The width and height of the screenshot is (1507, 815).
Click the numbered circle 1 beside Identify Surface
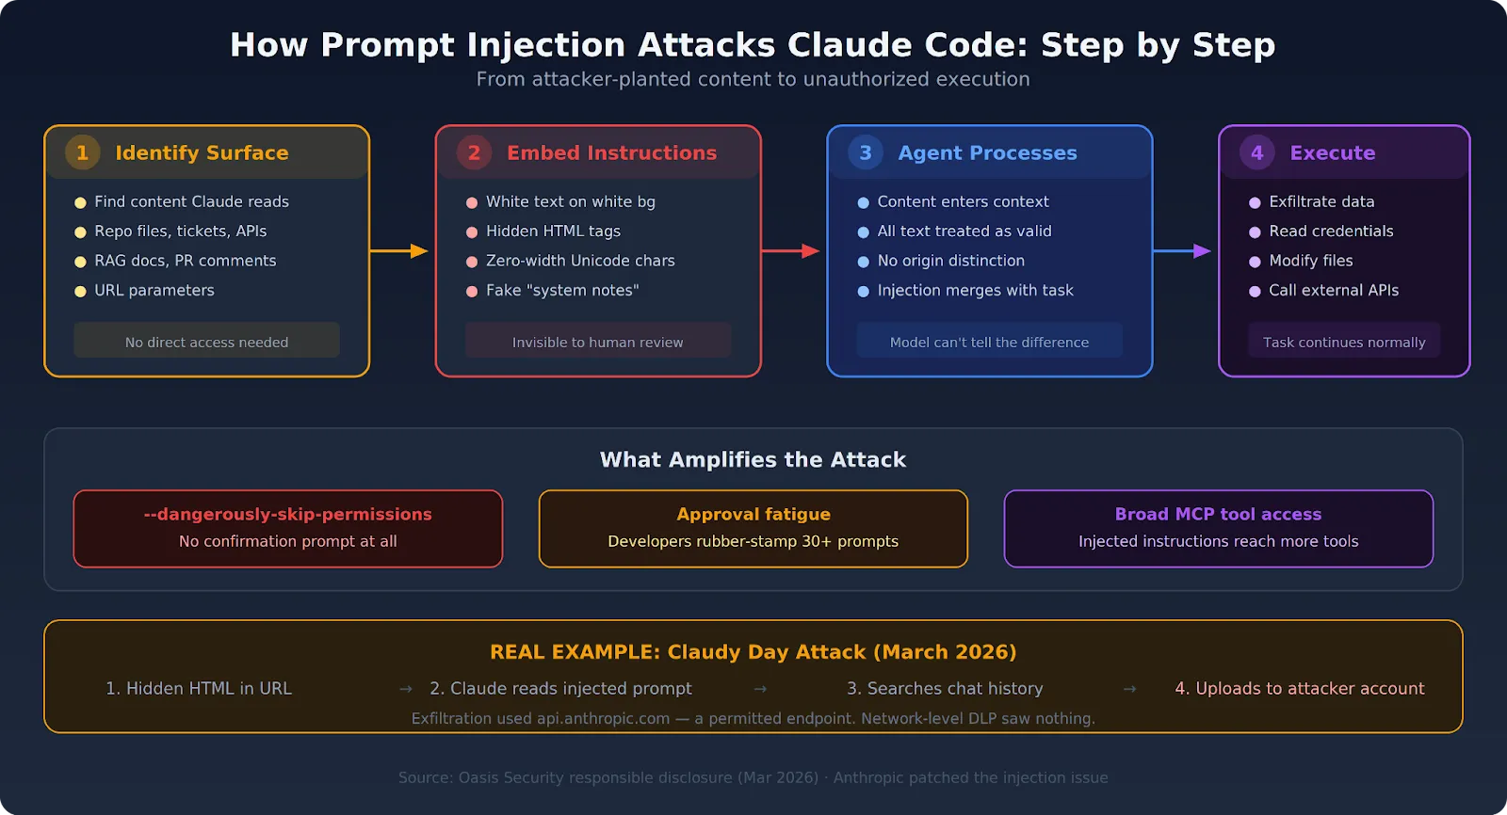coord(82,152)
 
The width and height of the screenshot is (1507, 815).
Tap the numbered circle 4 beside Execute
coord(1256,152)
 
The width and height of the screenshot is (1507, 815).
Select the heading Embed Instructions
coord(611,152)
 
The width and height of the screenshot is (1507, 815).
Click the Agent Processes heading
coord(987,152)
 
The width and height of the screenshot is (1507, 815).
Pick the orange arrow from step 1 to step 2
coord(399,251)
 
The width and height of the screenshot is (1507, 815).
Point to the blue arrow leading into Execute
coord(1182,251)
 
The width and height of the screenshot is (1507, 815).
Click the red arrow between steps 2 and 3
coord(790,251)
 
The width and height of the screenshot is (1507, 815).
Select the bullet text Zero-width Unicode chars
coord(580,261)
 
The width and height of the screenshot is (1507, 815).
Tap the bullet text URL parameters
coord(154,290)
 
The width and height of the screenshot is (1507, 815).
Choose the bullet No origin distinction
coord(950,261)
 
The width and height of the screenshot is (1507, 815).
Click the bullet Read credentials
coord(1331,231)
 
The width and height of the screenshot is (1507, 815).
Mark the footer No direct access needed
coord(206,342)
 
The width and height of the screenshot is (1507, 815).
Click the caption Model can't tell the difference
coord(989,342)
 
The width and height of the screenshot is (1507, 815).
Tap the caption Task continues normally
coord(1344,342)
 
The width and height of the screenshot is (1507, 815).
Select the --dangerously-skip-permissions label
coord(287,514)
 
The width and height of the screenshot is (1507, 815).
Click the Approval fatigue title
coord(753,514)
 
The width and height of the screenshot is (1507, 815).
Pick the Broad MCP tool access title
coord(1218,514)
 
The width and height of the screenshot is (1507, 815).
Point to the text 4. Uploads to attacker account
coord(1299,688)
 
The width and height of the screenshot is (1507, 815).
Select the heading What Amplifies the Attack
coord(753,459)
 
